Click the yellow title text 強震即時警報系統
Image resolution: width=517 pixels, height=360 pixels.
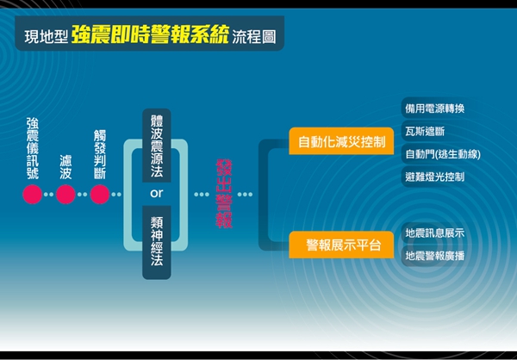pos(150,34)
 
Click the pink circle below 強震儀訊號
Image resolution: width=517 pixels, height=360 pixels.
pos(33,194)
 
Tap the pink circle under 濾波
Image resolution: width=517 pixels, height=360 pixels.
pos(65,194)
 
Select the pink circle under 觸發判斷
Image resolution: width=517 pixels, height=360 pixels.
pos(100,194)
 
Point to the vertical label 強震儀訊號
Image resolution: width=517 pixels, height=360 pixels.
pos(33,149)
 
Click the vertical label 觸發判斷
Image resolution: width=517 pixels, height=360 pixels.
pos(100,155)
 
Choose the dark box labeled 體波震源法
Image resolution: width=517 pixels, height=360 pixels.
pos(157,146)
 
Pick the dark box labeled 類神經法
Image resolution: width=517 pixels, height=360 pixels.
pos(157,242)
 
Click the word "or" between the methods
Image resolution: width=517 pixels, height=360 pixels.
pos(156,193)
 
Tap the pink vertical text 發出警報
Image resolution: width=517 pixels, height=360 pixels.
pos(224,194)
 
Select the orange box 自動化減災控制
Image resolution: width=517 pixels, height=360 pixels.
pos(341,141)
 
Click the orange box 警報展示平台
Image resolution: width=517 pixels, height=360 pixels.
pos(341,245)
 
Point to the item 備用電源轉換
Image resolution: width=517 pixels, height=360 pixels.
pos(434,109)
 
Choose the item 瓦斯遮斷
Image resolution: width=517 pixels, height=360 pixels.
pos(425,132)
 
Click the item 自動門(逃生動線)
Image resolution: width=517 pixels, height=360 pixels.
pos(443,154)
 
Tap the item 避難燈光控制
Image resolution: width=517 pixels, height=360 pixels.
pos(434,177)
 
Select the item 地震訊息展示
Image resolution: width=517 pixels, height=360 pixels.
pos(434,233)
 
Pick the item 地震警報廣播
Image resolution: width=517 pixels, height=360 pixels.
pos(434,256)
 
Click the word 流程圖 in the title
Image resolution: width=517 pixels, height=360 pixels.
pos(254,36)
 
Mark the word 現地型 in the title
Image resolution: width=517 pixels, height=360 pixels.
pos(47,37)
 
